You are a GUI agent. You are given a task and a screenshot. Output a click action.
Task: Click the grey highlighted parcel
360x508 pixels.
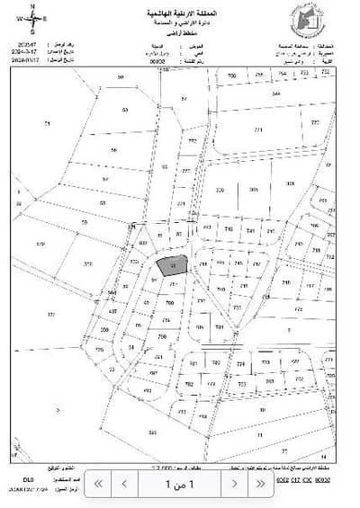click(x=169, y=264)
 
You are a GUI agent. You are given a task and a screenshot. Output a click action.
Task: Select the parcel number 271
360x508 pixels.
click(x=258, y=130)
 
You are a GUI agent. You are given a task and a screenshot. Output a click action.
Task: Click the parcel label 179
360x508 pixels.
click(x=40, y=243)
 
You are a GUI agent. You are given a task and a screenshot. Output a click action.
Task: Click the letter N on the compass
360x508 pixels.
click(x=32, y=5)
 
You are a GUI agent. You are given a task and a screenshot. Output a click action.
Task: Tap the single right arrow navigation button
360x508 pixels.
click(x=235, y=483)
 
